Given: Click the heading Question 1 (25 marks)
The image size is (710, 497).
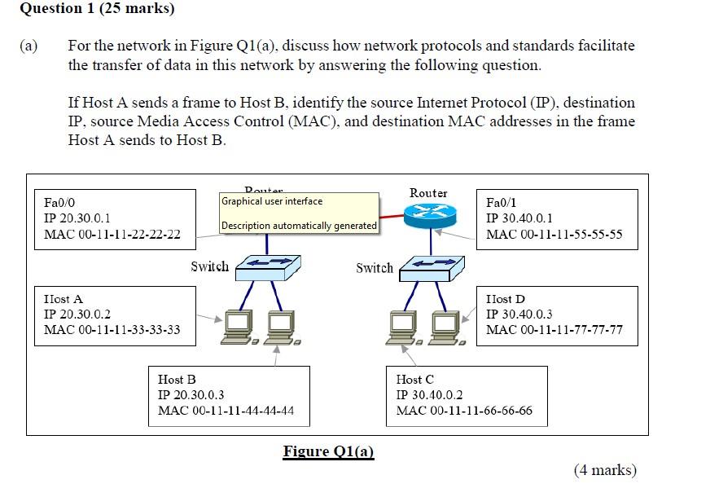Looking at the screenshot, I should pos(97,10).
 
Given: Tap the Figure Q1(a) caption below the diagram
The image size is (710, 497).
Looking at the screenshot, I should pos(328,451).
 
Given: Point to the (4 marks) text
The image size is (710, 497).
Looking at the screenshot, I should pos(605,470).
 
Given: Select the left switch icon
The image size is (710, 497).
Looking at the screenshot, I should pos(268,266).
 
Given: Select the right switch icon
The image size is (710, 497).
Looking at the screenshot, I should pos(432,266).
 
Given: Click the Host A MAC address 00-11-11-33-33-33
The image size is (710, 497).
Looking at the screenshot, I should pos(112,330).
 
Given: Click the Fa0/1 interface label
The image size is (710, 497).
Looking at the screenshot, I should pos(501,203).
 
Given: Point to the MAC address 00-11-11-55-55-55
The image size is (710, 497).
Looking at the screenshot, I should pos(554,235).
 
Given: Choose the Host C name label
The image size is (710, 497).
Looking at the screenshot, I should pos(414,380).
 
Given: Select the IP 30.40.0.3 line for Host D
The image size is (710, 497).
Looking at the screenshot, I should pos(519,314).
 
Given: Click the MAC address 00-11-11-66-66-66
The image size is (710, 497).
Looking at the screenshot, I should pos(464,411).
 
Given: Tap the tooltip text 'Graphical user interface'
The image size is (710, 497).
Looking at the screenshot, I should pos(272,201).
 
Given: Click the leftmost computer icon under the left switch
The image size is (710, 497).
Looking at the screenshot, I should pos(239,327).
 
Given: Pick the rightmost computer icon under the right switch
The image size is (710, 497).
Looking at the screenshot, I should pos(446,327).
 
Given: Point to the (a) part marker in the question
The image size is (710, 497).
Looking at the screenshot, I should pos(28,46).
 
